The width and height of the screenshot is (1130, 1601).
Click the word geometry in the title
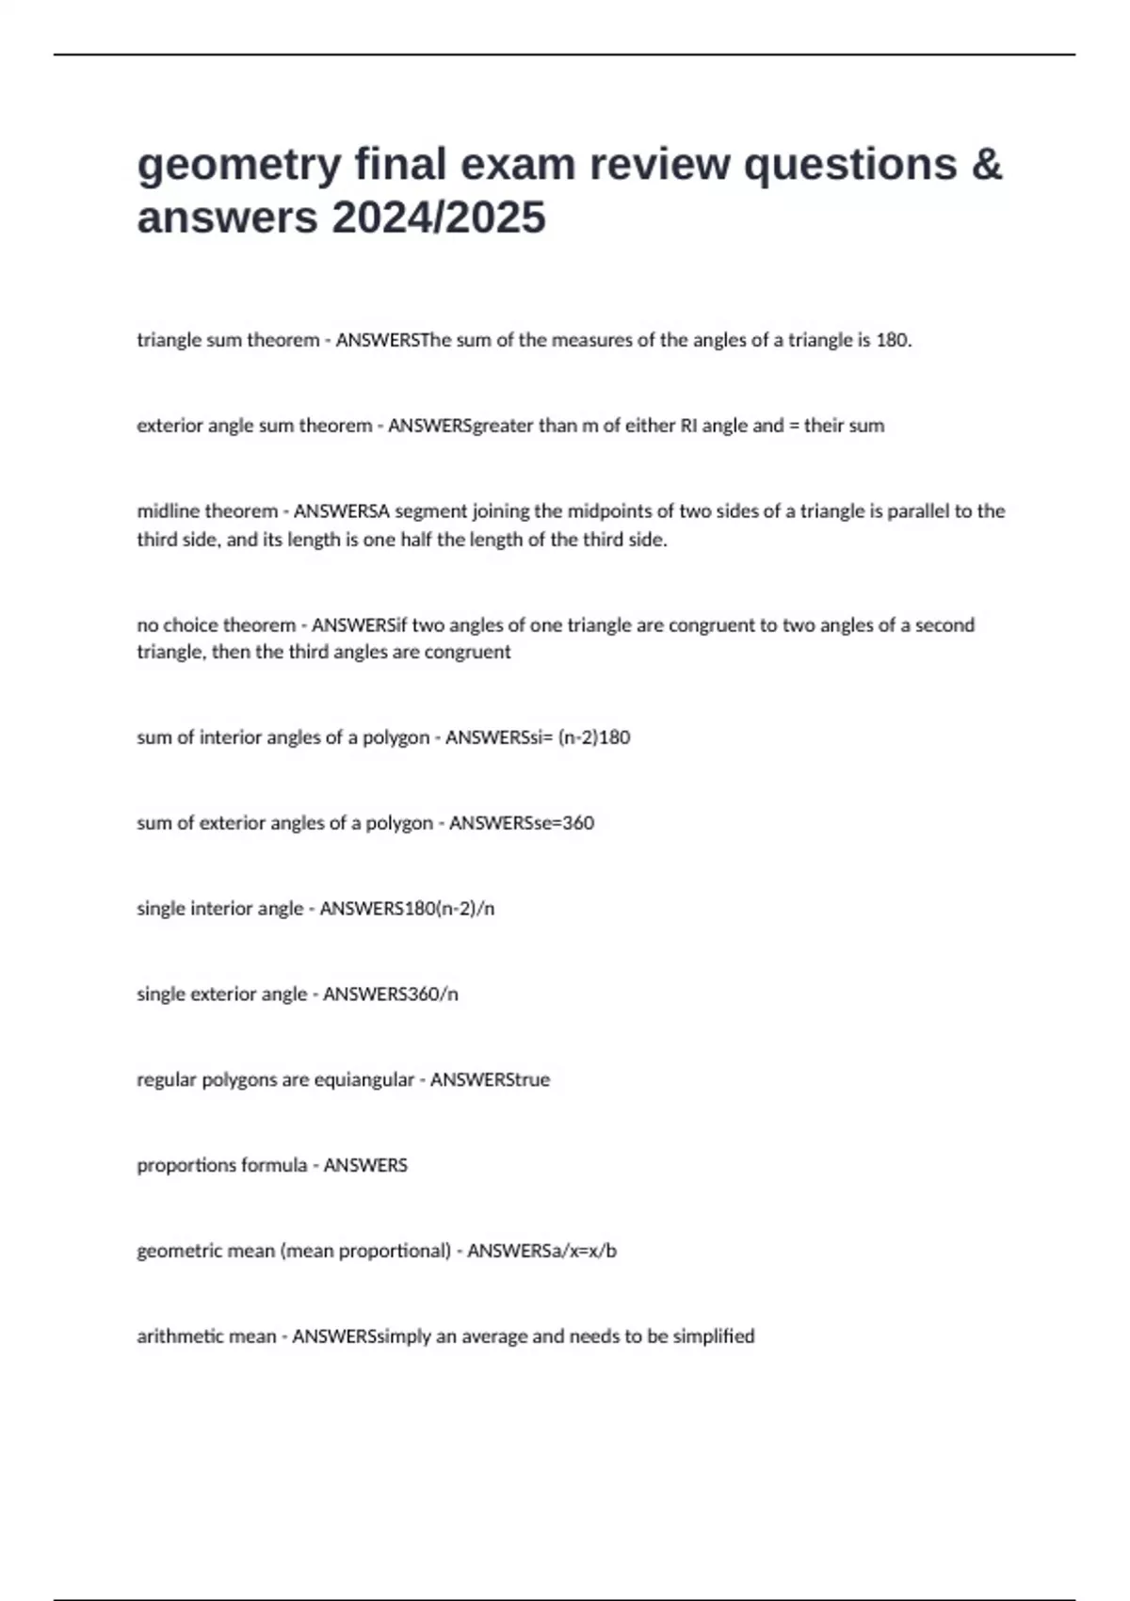(x=238, y=166)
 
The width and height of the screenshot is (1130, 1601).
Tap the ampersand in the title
(x=986, y=164)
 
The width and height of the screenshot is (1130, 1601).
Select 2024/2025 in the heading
(x=438, y=218)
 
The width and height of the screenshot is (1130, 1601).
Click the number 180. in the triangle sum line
(x=894, y=340)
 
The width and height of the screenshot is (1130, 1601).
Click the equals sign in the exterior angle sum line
(x=793, y=426)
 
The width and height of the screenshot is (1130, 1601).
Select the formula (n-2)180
(x=594, y=737)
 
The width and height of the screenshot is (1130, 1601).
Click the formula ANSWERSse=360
(x=522, y=823)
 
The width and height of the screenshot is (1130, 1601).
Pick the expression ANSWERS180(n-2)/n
(x=407, y=909)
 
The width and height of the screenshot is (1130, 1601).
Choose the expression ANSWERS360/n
(x=391, y=995)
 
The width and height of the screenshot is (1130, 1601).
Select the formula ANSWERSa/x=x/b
(x=542, y=1252)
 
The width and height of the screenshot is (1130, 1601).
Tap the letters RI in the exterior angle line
(x=687, y=426)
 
